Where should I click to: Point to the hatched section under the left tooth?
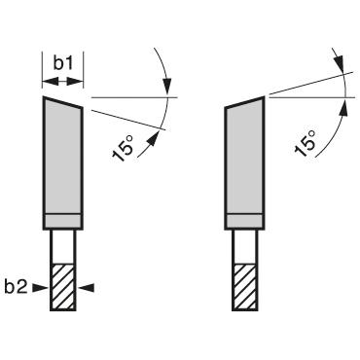coord(62,286)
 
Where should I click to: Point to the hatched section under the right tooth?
coord(243,286)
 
